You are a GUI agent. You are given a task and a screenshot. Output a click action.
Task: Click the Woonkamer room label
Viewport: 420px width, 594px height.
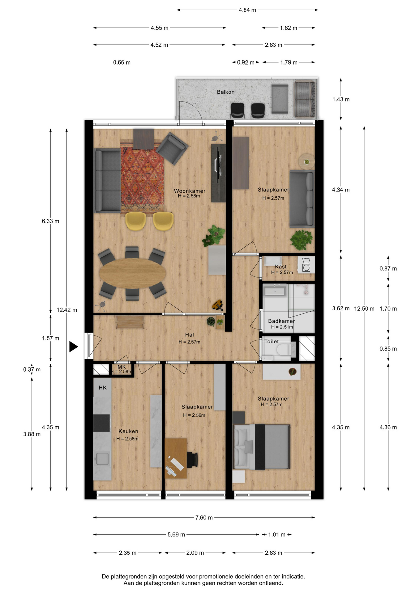pyautogui.click(x=189, y=191)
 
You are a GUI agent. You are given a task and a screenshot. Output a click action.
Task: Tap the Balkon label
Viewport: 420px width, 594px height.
pyautogui.click(x=225, y=92)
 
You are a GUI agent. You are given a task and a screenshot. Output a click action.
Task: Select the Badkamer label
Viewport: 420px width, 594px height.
pyautogui.click(x=281, y=321)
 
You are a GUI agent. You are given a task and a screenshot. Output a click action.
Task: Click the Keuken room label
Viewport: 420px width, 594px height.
pyautogui.click(x=128, y=431)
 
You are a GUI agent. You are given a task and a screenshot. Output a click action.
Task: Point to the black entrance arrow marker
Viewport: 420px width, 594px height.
pyautogui.click(x=73, y=346)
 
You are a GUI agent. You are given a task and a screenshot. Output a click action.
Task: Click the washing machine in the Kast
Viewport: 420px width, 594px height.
pyautogui.click(x=306, y=265)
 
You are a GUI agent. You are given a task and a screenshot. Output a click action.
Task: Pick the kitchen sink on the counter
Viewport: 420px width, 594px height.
pyautogui.click(x=102, y=458)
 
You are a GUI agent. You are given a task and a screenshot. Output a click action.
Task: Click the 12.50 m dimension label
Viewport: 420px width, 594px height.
pyautogui.click(x=364, y=308)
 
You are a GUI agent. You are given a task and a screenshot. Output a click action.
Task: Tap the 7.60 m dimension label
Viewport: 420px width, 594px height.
pyautogui.click(x=204, y=518)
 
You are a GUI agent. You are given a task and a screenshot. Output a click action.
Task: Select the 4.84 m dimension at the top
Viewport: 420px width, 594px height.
pyautogui.click(x=247, y=10)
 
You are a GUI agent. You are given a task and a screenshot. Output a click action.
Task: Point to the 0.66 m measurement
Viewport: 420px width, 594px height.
pyautogui.click(x=122, y=62)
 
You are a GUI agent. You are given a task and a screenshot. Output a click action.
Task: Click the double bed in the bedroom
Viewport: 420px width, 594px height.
pyautogui.click(x=262, y=447)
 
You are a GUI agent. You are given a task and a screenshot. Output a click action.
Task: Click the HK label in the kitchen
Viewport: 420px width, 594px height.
pyautogui.click(x=102, y=388)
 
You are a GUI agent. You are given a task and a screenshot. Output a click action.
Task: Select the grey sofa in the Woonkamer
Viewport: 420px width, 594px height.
pyautogui.click(x=107, y=181)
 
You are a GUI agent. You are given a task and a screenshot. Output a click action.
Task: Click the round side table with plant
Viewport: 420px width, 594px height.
pyautogui.click(x=306, y=161)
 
